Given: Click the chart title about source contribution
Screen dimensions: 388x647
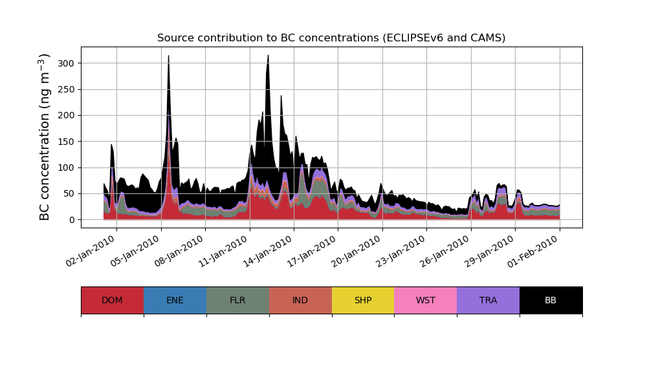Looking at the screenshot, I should pos(331,38).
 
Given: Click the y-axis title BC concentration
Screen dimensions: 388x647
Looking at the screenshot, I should pos(45,137).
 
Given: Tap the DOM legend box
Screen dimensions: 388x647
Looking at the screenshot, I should pos(112,300).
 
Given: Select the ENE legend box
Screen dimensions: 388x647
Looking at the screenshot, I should pos(175,300).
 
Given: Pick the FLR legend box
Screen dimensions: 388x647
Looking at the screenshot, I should pos(237,300).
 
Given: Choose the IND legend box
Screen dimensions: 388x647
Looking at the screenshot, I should pos(300,300).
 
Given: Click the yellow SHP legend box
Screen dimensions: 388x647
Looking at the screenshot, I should pos(363,300).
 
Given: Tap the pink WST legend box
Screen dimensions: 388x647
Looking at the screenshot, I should pos(426,300).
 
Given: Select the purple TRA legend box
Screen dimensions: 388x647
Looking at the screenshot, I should pos(488,300).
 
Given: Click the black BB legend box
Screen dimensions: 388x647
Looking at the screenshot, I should pos(551,300).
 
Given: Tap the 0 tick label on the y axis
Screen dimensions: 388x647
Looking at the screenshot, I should pos(72,220).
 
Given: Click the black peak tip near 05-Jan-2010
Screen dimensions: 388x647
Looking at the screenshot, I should pos(169,56).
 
